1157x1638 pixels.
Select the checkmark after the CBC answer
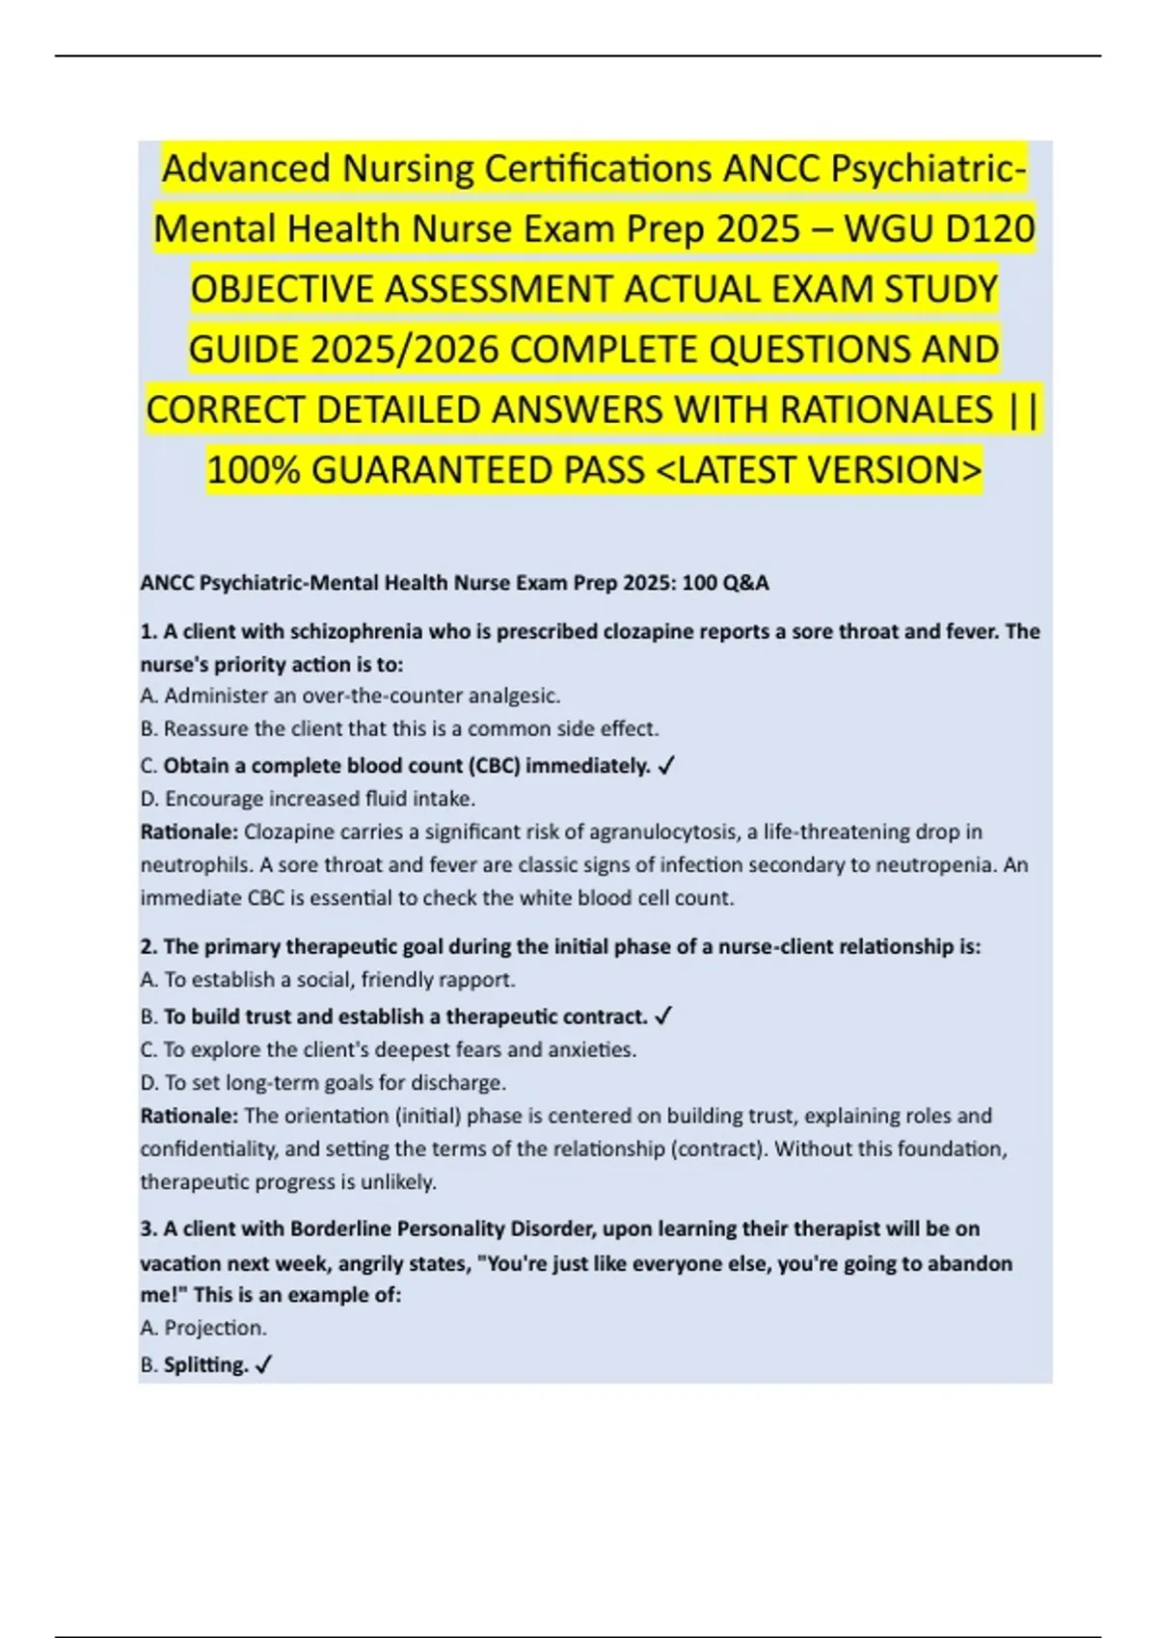(666, 766)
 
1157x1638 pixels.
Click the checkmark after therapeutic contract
(663, 1017)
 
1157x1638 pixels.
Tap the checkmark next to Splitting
(264, 1365)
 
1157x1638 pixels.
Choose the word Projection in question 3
(214, 1328)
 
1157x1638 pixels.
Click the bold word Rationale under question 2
(189, 1116)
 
